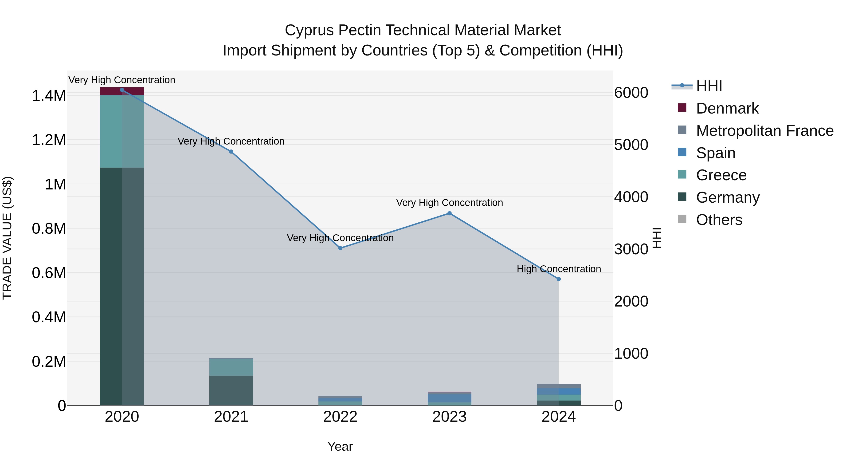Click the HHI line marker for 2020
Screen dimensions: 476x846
[x=122, y=90]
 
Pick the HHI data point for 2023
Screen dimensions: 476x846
[x=450, y=213]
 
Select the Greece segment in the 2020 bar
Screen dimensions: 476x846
[x=122, y=131]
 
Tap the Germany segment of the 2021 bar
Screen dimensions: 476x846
[x=231, y=390]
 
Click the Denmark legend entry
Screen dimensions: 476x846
[x=727, y=108]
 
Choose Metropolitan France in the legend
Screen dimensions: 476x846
[x=764, y=131]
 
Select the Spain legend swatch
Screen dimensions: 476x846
[x=682, y=152]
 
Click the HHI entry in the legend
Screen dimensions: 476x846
[x=709, y=86]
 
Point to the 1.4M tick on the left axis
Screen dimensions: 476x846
[x=49, y=96]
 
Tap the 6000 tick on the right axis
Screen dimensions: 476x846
[x=631, y=93]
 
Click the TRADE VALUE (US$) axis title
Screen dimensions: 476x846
[x=7, y=238]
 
